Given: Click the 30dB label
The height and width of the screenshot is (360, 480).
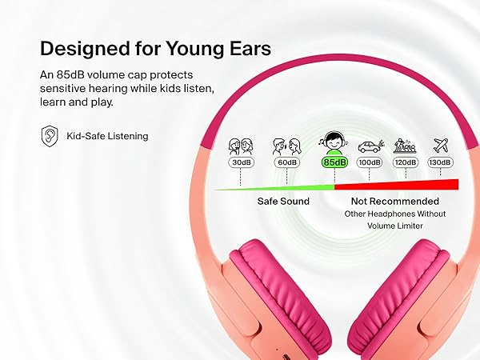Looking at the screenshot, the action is (x=242, y=162).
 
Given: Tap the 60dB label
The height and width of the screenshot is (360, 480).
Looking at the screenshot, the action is (x=286, y=162).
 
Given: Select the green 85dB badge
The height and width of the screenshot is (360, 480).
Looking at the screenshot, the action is (x=334, y=162).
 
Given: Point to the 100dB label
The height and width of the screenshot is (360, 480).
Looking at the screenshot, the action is (x=370, y=162).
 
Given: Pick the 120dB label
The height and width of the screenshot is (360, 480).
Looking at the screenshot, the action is (x=406, y=162).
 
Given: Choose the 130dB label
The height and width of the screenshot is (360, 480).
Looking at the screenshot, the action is (x=440, y=162).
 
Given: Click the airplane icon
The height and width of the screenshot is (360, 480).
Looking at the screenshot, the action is (x=441, y=146).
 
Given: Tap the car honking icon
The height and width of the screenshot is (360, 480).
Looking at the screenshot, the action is (x=370, y=146).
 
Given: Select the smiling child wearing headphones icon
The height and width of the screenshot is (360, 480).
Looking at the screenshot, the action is (x=334, y=143).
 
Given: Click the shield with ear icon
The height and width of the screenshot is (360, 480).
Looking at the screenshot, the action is (x=50, y=136).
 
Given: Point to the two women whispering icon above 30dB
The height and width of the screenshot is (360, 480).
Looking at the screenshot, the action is (x=241, y=146).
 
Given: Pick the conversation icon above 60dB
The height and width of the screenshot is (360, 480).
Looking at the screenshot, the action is (x=287, y=146).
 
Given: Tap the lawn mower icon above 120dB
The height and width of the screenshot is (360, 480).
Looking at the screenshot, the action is (x=405, y=146).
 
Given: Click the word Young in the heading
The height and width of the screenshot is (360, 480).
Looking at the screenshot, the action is (x=194, y=48).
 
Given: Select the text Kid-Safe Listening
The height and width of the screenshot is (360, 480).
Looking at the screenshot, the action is (x=107, y=136).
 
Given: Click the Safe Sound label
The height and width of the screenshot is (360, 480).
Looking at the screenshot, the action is (x=283, y=201).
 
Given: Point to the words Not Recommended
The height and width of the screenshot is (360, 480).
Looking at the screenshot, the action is (x=395, y=201).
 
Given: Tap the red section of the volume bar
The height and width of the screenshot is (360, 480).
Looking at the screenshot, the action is (x=397, y=185).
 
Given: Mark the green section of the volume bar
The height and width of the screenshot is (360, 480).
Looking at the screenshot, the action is (x=274, y=188).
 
